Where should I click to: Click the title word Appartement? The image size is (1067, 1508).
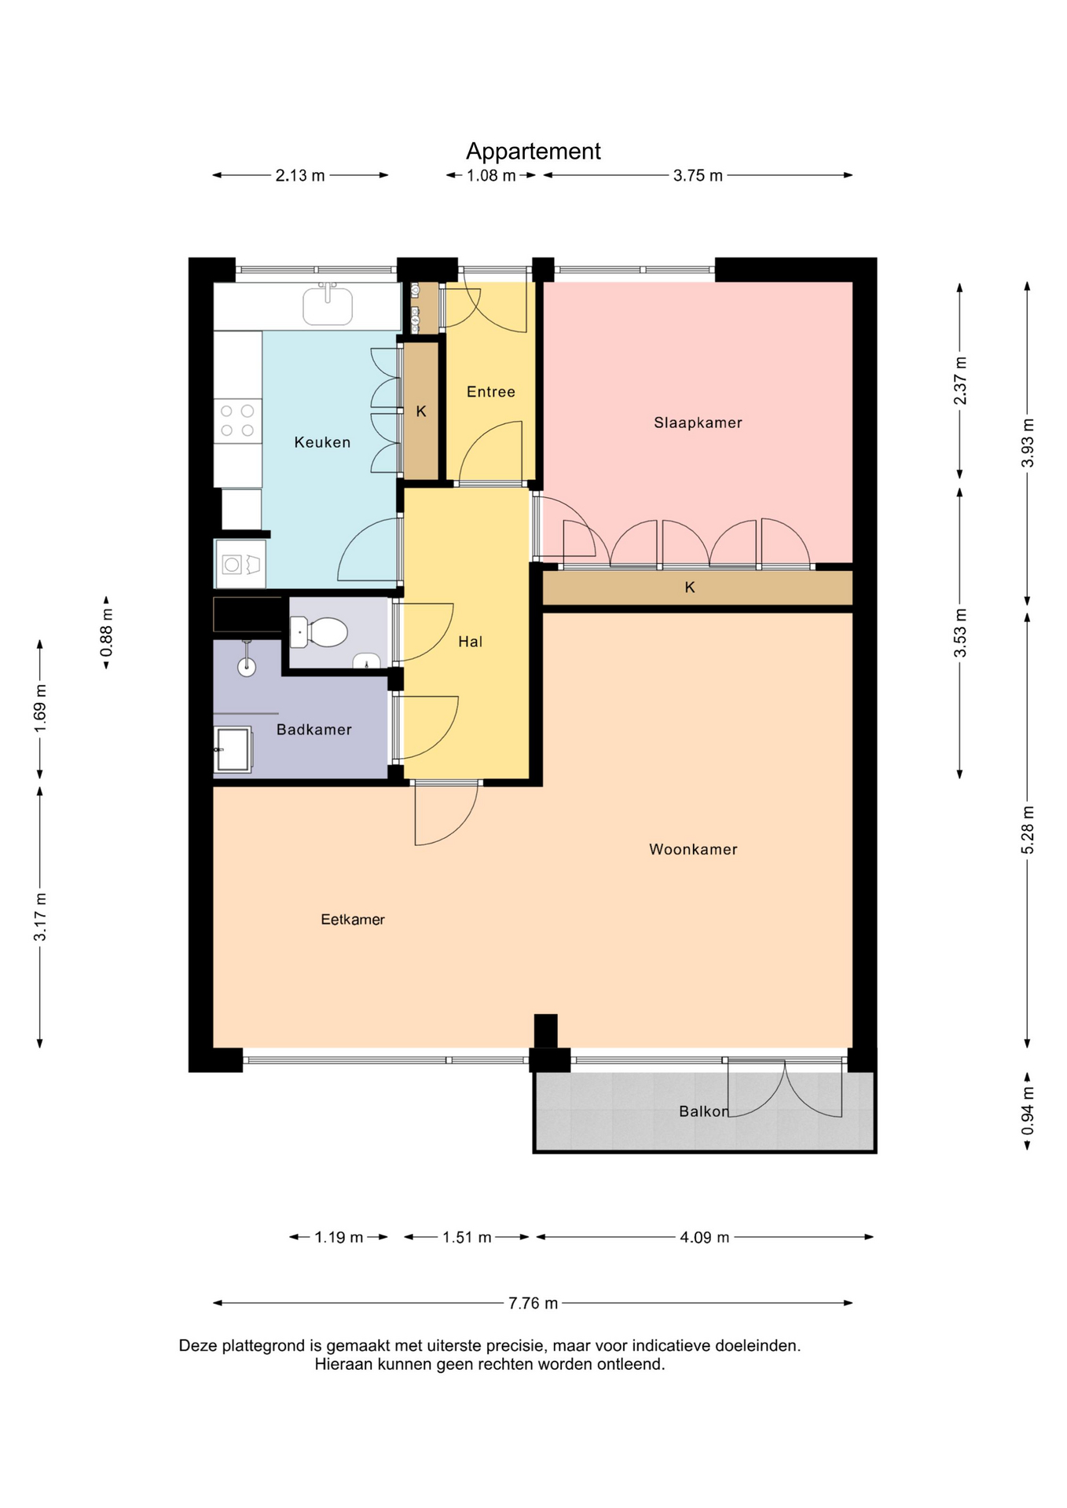coord(533,151)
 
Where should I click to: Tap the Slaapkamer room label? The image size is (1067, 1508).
coord(698,423)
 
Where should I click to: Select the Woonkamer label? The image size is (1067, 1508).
coord(693,849)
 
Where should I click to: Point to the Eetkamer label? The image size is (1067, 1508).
coord(353,919)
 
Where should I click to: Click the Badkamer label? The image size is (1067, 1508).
coord(313,730)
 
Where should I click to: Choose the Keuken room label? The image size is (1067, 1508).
coord(322,442)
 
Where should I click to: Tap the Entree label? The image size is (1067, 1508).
coord(491,392)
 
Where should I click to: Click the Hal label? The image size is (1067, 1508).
coord(470,642)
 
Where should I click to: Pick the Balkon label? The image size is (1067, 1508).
coord(704,1111)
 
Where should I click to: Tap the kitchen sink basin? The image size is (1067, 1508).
coord(328,305)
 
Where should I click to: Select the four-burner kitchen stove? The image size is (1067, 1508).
coord(237,421)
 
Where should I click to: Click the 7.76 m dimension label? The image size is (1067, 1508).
coord(533,1303)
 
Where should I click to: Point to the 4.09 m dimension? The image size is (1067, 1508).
coord(705,1237)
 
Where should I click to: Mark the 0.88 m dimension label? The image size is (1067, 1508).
coord(106,633)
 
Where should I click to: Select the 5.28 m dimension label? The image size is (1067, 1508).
coord(1027,830)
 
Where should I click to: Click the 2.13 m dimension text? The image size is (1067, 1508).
coord(300,175)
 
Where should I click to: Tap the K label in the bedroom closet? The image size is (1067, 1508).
coord(690,587)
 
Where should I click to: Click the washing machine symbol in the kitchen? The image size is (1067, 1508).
coord(240,564)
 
